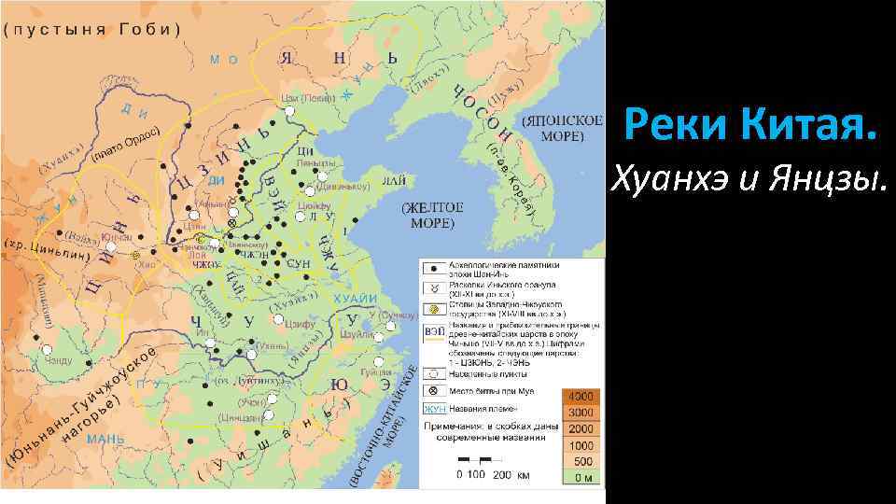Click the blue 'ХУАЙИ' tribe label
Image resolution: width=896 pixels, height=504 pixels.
click(357, 298)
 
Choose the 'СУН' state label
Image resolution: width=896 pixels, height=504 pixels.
click(299, 264)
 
